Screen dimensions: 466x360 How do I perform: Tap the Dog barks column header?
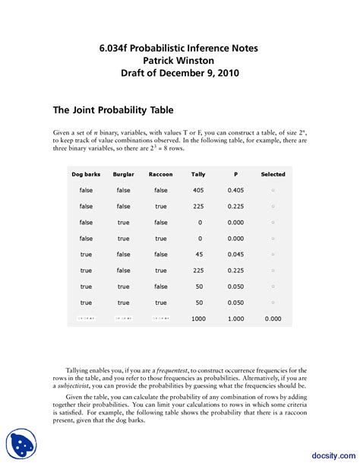86,174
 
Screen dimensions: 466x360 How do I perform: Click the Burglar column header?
123,174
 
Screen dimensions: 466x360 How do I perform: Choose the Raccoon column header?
160,174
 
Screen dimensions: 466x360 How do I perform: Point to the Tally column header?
198,174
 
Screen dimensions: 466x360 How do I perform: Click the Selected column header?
273,174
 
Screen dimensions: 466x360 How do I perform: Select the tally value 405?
198,190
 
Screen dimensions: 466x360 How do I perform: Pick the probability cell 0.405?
235,190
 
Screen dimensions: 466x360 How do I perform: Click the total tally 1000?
198,319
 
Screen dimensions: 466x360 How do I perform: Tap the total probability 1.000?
235,319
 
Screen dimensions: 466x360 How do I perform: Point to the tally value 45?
199,255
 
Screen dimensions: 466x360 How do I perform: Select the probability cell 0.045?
235,255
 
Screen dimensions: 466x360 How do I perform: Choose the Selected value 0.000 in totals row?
273,319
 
